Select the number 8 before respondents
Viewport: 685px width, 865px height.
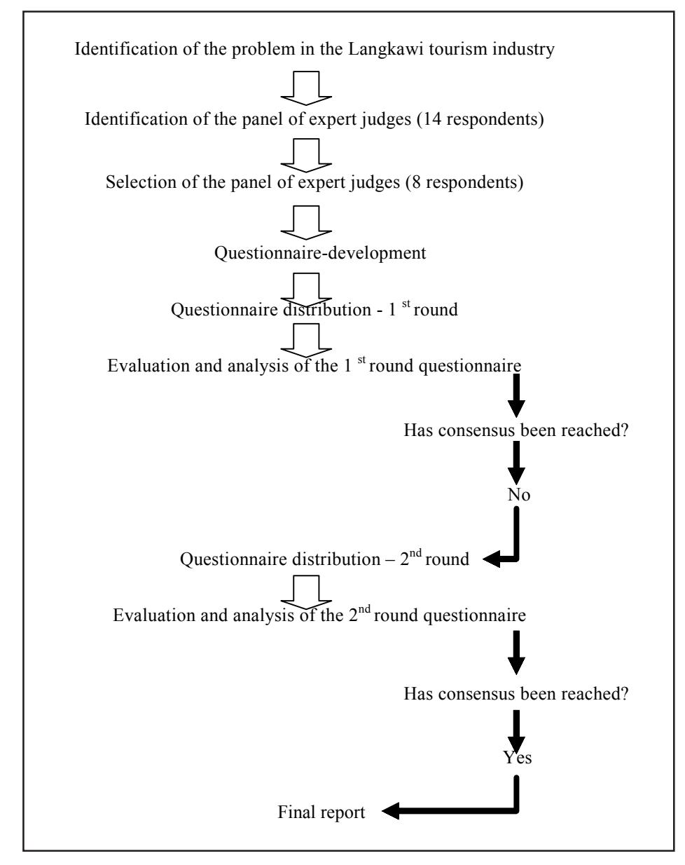click(x=415, y=182)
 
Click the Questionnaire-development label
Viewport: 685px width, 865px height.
click(x=320, y=253)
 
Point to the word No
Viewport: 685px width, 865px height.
click(x=519, y=495)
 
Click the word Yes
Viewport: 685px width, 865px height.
click(x=518, y=758)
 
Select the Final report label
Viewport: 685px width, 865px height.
click(x=321, y=812)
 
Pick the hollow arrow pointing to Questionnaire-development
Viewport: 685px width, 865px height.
click(x=306, y=223)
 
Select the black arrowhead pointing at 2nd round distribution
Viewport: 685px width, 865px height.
click(x=491, y=559)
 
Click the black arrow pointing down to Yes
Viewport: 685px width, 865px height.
click(x=516, y=730)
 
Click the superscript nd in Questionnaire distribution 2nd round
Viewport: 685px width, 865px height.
click(x=415, y=553)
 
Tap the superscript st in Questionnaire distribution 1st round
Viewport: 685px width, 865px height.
click(x=406, y=303)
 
